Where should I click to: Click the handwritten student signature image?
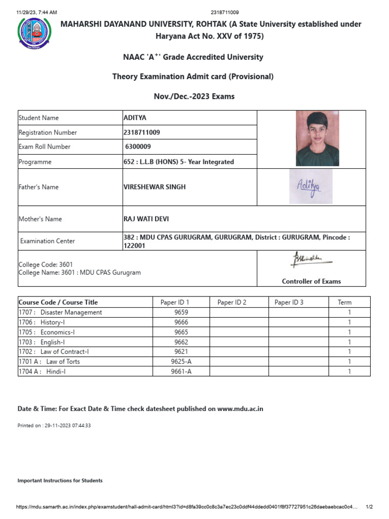point(311,186)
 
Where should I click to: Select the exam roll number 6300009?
point(138,147)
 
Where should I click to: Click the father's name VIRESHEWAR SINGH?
point(154,187)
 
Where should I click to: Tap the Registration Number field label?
point(48,133)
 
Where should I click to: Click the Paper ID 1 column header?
point(174,303)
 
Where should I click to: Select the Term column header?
point(344,303)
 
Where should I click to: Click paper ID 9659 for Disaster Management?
point(181,313)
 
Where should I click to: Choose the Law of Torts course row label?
point(49,362)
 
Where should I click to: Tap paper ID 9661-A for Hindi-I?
point(181,372)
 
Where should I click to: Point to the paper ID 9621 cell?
point(181,352)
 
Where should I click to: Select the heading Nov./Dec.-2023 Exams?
point(194,96)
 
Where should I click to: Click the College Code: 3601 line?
point(46,265)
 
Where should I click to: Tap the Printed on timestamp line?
point(54,426)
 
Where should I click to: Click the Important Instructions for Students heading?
point(60,480)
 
